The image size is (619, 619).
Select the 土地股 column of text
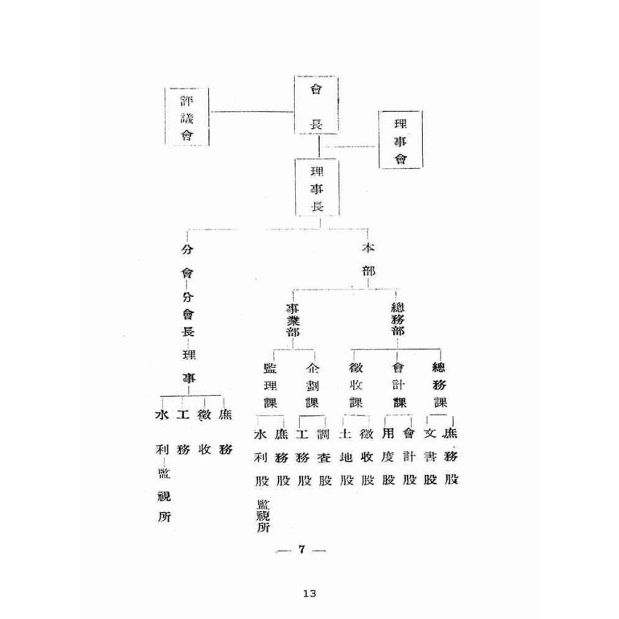pyautogui.click(x=347, y=458)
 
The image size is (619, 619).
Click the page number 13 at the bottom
pyautogui.click(x=309, y=594)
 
